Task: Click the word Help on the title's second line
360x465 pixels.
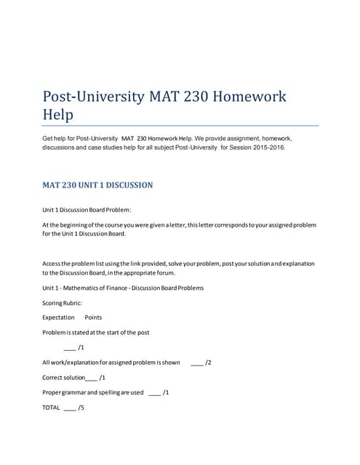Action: coord(59,115)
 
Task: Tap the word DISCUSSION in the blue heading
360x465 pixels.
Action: coord(124,185)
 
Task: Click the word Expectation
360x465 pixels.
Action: coord(58,318)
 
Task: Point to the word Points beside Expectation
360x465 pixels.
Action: coord(94,318)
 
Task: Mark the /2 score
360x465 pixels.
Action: coord(208,362)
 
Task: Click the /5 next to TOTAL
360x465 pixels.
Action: coord(81,407)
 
